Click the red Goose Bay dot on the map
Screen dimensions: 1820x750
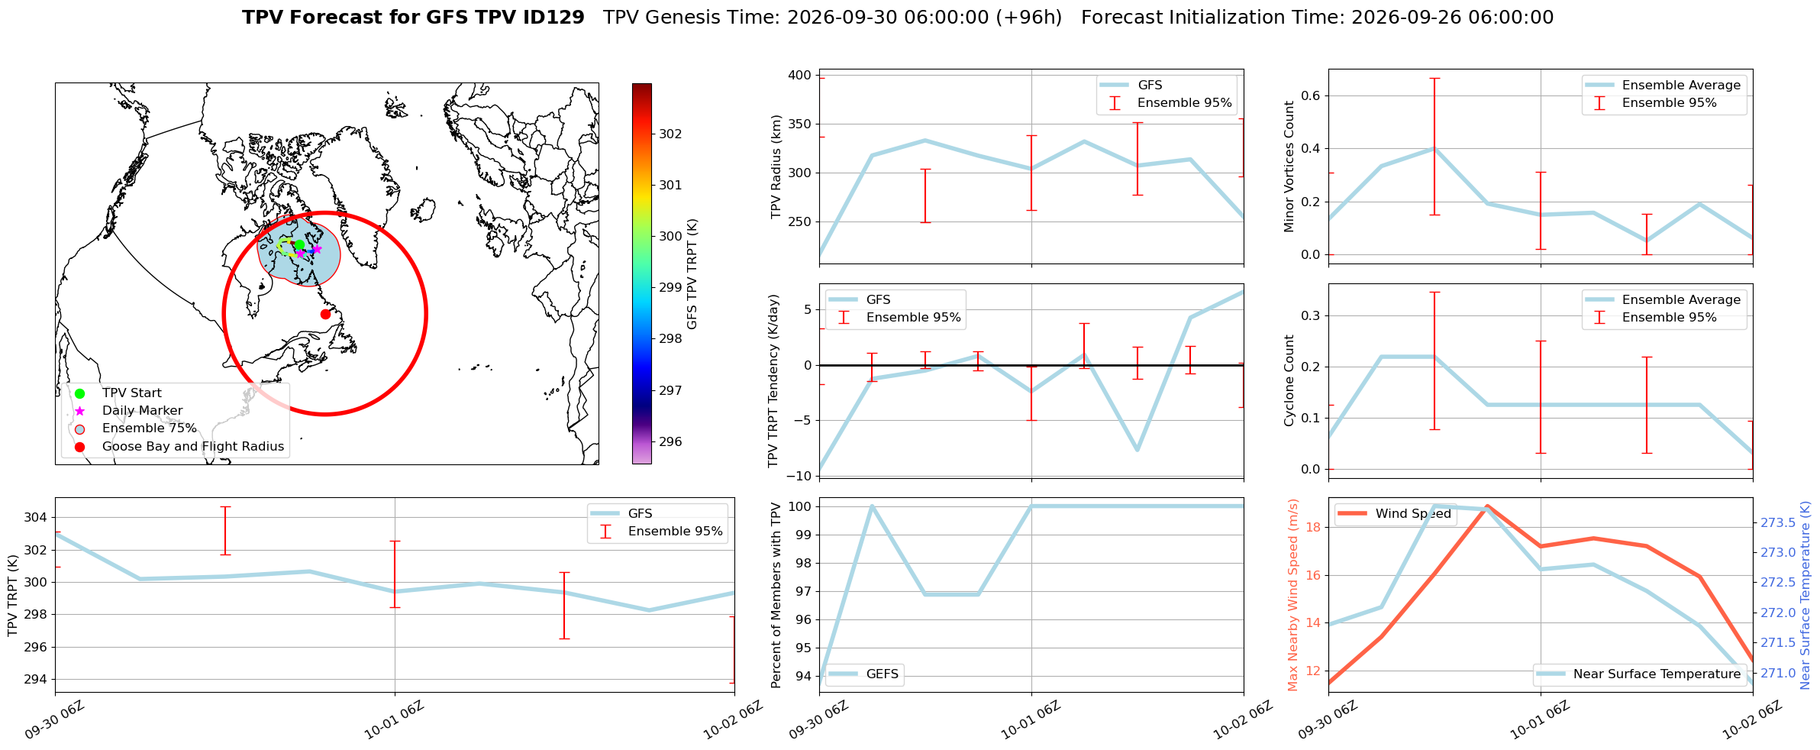coord(325,314)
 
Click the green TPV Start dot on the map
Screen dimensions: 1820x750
coord(299,244)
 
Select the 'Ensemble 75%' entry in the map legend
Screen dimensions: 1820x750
coord(150,428)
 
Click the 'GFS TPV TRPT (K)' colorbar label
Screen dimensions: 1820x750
coord(692,274)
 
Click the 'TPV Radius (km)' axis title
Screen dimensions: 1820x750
coord(776,166)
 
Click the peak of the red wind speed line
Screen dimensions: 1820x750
coord(1487,506)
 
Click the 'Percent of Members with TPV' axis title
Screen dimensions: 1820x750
coord(776,595)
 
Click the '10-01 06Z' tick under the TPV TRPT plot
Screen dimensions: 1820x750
coord(394,719)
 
